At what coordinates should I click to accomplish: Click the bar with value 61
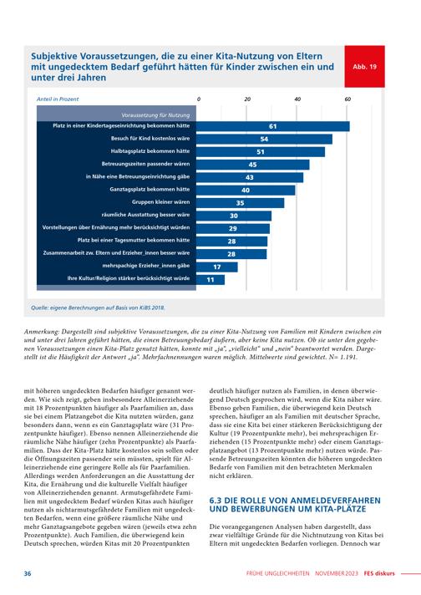[x=272, y=126]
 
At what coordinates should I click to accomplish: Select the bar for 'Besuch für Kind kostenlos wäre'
[x=264, y=139]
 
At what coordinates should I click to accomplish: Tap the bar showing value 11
[x=210, y=280]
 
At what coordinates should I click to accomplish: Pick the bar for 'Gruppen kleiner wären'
[x=240, y=203]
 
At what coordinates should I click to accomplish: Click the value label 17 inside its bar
[x=217, y=267]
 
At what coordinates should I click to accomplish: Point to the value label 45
[x=252, y=165]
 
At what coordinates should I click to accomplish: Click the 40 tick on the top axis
[x=297, y=99]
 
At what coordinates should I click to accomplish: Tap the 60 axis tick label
[x=347, y=99]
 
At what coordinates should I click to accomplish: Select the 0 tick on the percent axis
[x=199, y=99]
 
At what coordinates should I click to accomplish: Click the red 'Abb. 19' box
[x=364, y=66]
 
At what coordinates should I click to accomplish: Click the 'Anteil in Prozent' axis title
[x=58, y=99]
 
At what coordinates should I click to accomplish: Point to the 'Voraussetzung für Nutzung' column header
[x=155, y=115]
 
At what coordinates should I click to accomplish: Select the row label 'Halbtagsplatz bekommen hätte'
[x=150, y=151]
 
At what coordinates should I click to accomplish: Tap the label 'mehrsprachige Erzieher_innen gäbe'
[x=146, y=266]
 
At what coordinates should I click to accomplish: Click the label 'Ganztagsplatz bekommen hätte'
[x=150, y=189]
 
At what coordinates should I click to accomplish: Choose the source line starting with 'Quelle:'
[x=99, y=308]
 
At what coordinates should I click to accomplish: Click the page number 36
[x=28, y=573]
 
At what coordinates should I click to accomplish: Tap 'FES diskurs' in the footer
[x=379, y=573]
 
